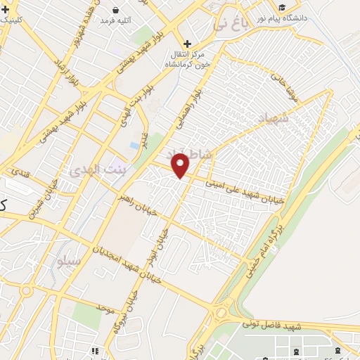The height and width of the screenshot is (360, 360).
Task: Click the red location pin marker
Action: [181, 166]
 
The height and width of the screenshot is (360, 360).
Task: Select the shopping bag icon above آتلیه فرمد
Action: [116, 10]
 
